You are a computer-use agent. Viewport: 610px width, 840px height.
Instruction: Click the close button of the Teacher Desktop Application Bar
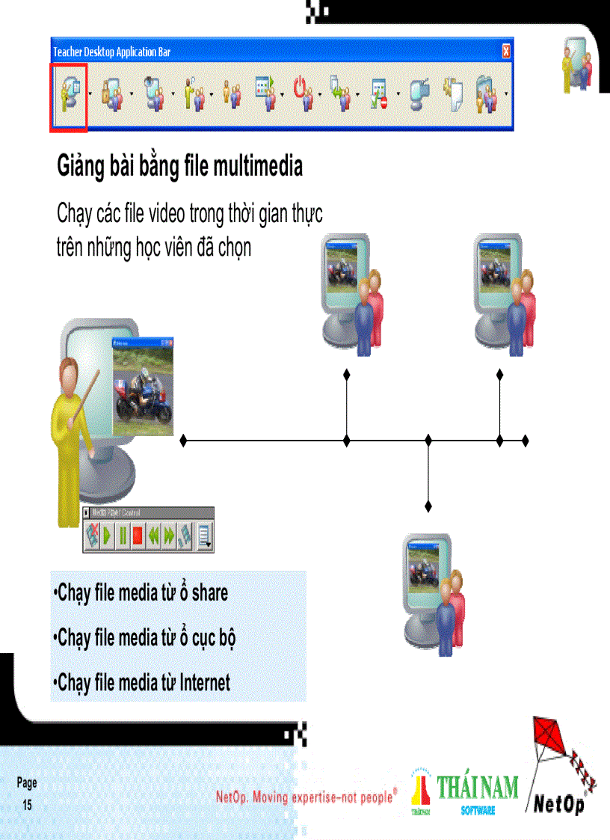coord(506,52)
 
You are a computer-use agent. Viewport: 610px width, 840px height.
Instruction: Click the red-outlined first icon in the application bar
coord(69,97)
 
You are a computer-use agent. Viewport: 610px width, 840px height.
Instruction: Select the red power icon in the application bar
coord(303,96)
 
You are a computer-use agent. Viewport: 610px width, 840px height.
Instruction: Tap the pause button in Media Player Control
coord(123,536)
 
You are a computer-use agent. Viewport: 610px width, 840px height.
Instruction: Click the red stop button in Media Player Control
coord(138,536)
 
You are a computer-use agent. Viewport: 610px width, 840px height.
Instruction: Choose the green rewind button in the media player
coord(154,536)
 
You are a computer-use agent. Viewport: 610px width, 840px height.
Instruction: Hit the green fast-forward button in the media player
coord(170,536)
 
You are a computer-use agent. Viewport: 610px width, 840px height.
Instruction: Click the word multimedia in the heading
coord(258,166)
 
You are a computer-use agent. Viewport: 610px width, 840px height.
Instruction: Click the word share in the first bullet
coord(209,593)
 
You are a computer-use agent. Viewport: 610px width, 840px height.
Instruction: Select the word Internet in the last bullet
coord(205,682)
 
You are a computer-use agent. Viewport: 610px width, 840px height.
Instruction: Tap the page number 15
coord(27,806)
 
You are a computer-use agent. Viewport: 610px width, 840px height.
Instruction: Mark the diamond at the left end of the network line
coord(183,441)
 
